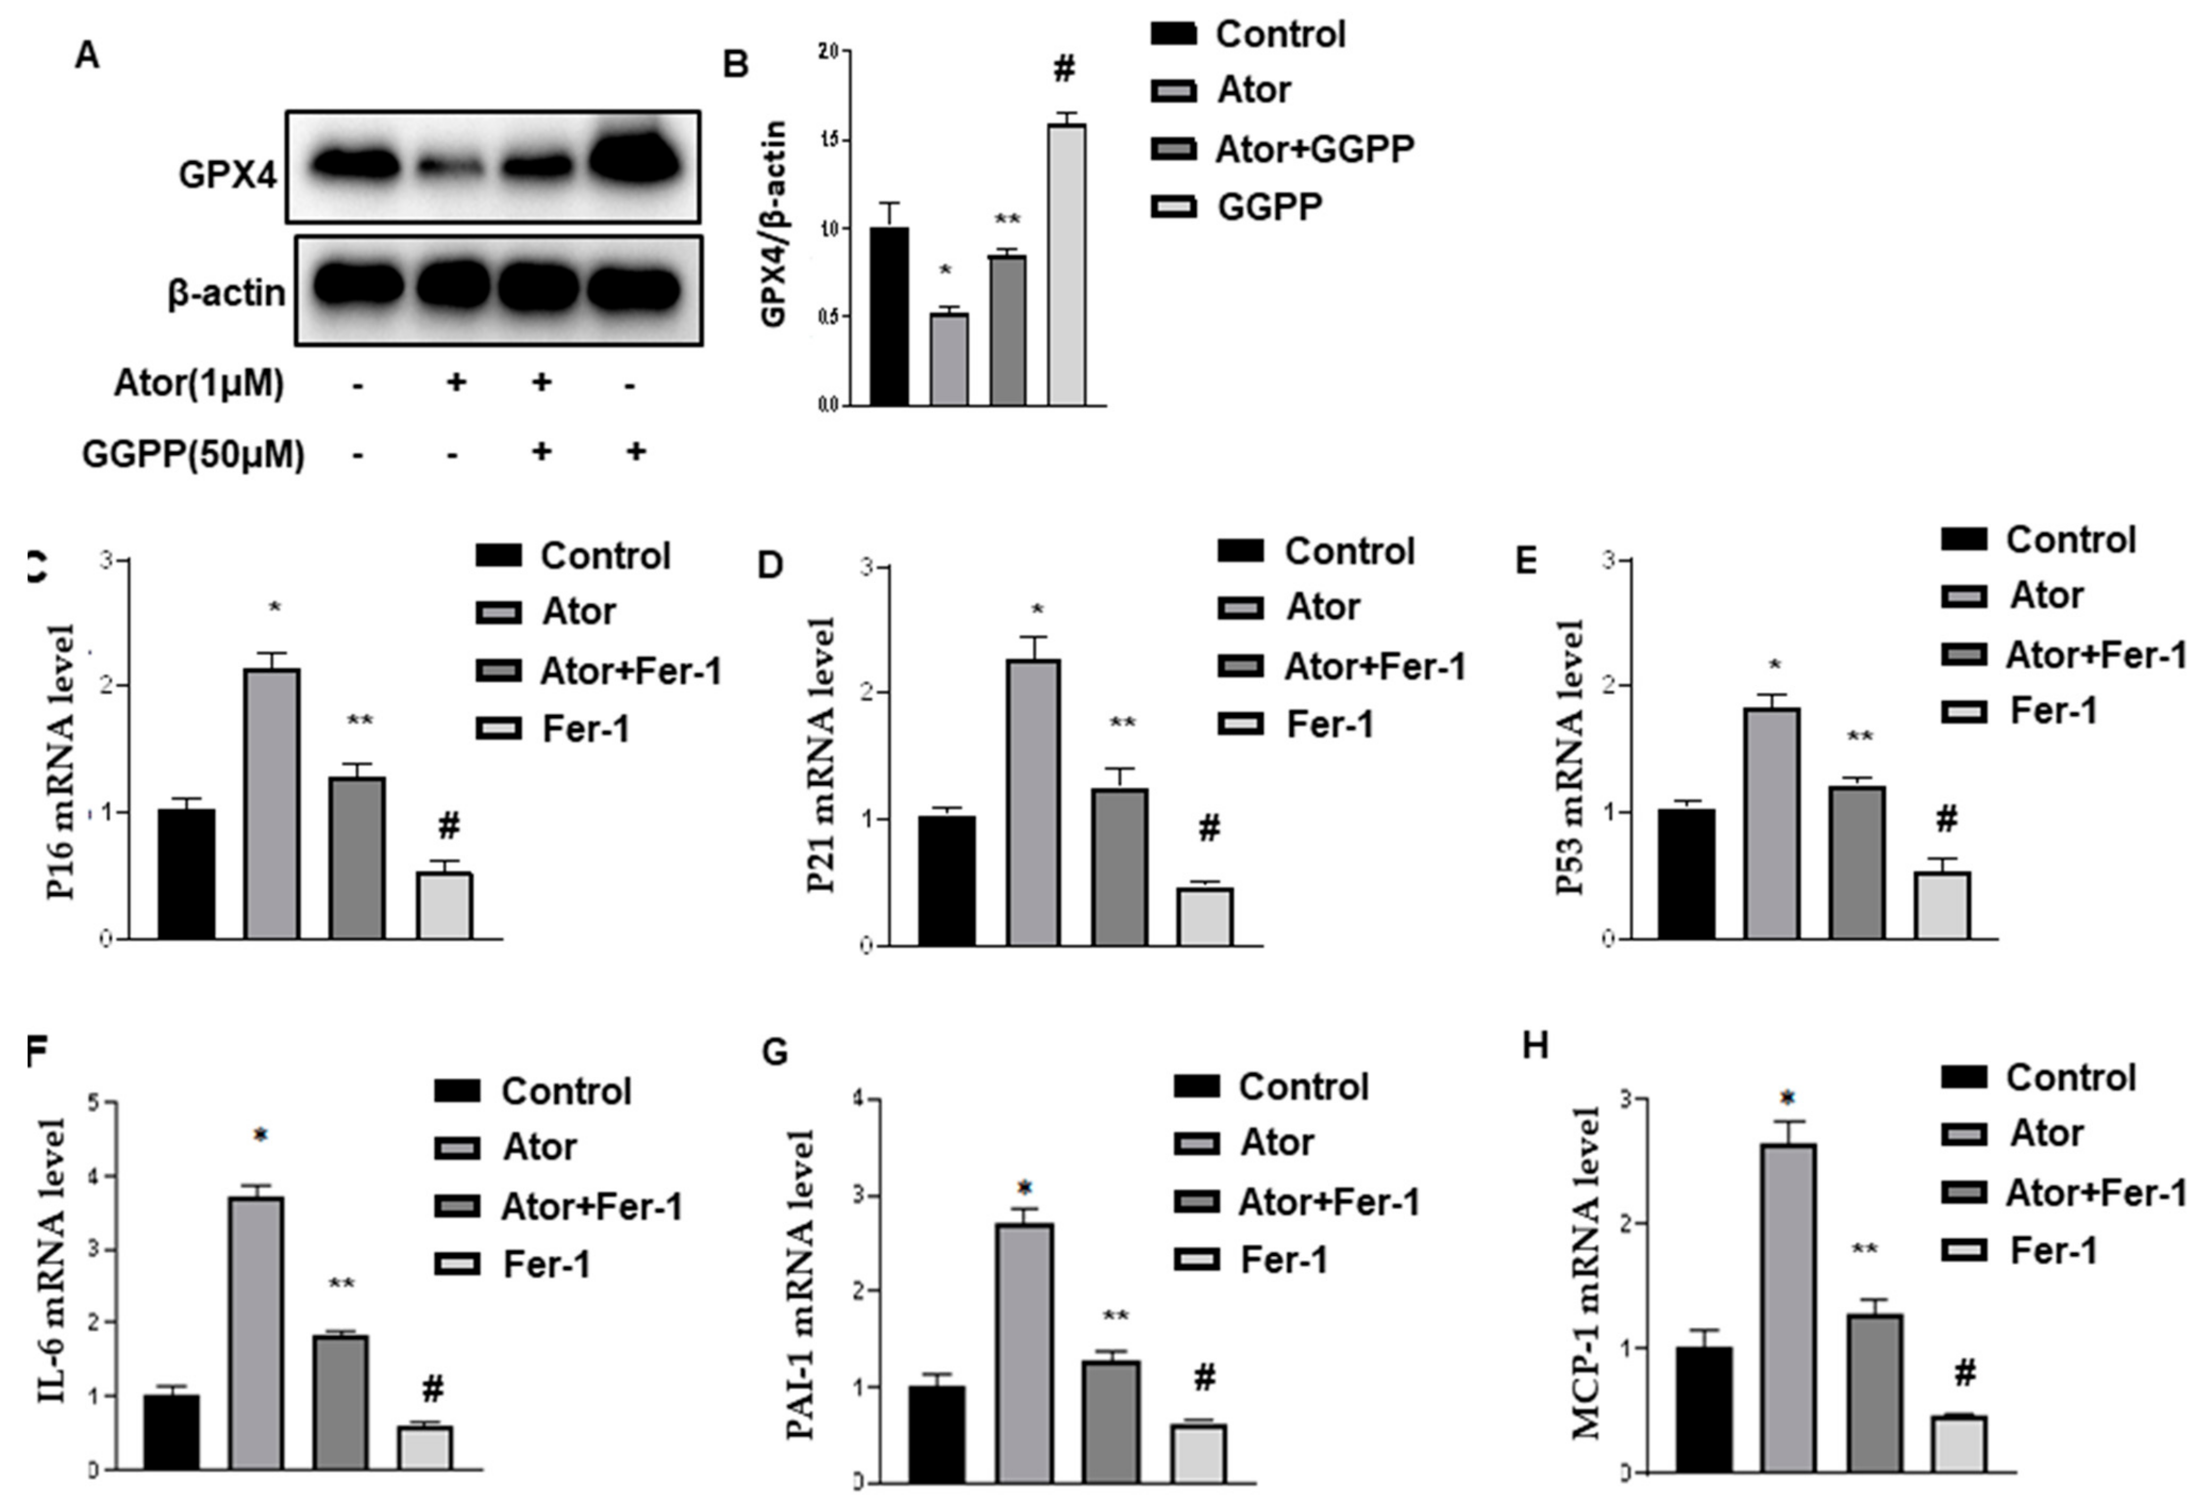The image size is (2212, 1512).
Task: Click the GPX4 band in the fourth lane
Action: click(635, 162)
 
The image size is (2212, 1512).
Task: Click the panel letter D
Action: click(769, 565)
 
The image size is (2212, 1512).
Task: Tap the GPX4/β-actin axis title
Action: click(774, 224)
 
